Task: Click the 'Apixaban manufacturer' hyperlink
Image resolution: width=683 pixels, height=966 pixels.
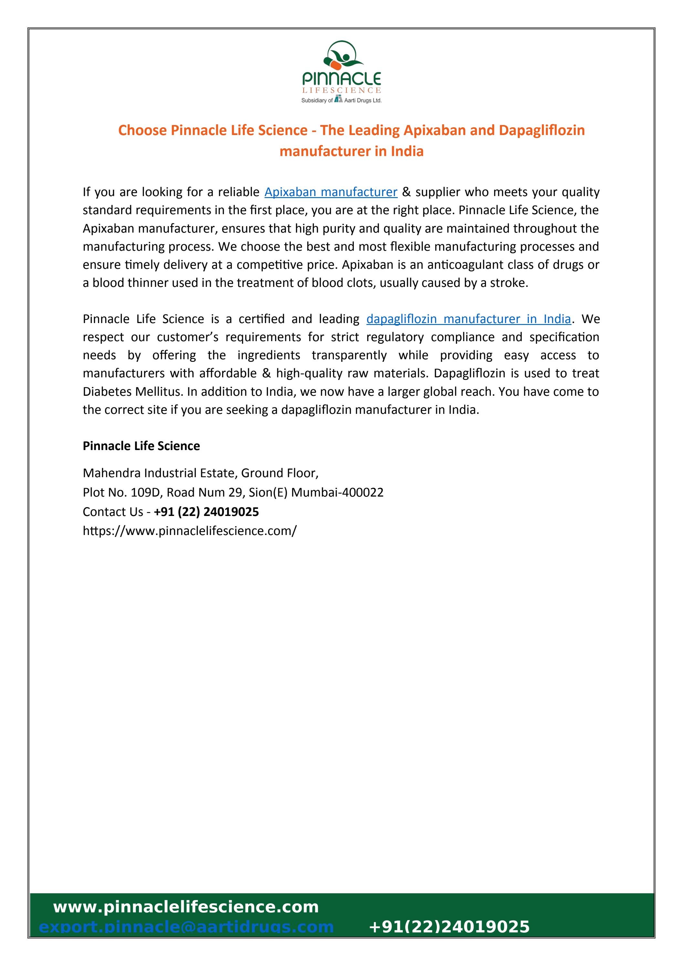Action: (331, 192)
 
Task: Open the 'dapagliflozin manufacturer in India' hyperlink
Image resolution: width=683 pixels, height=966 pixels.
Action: (468, 319)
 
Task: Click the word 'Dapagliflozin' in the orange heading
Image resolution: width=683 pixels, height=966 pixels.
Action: (542, 131)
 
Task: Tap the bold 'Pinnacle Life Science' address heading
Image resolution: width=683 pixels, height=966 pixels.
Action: (141, 446)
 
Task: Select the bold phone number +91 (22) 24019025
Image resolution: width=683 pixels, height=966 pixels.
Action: (206, 512)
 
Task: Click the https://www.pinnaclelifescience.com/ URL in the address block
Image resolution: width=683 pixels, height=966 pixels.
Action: (190, 531)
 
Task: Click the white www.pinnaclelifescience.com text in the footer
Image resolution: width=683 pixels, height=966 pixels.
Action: (186, 907)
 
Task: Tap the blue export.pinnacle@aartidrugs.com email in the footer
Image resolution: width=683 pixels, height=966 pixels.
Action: (186, 927)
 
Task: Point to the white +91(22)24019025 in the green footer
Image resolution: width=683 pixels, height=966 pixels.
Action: (449, 927)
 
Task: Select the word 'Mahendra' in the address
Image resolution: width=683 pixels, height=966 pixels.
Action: (112, 473)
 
